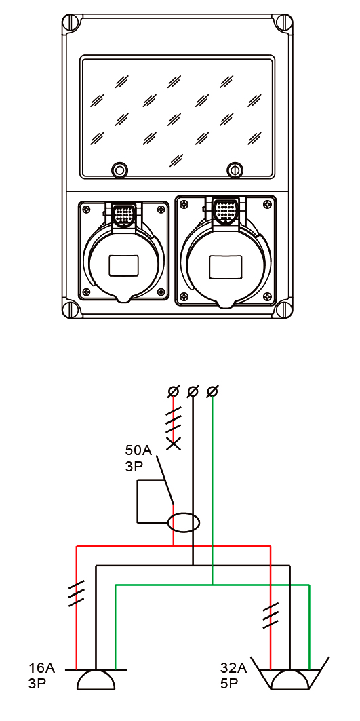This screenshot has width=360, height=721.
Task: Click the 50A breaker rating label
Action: [138, 449]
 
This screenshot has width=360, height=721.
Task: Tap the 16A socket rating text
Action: [41, 668]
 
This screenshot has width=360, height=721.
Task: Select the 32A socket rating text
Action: [233, 668]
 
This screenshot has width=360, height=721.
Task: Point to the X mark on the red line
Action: [174, 444]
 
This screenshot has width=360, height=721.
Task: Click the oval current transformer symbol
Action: [184, 523]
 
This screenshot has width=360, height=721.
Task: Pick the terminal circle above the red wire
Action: [174, 392]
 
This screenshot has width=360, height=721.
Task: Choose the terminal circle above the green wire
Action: [212, 392]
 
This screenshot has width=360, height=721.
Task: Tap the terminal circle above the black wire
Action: [193, 392]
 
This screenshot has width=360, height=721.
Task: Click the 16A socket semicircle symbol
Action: [96, 680]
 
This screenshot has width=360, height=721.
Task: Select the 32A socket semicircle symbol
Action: [290, 680]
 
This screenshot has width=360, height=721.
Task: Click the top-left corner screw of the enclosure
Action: [71, 22]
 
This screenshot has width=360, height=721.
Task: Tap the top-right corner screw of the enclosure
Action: [283, 22]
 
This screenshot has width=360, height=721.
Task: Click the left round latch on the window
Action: [119, 170]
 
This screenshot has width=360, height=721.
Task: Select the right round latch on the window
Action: [235, 170]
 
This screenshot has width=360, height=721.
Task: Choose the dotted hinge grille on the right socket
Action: [226, 210]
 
